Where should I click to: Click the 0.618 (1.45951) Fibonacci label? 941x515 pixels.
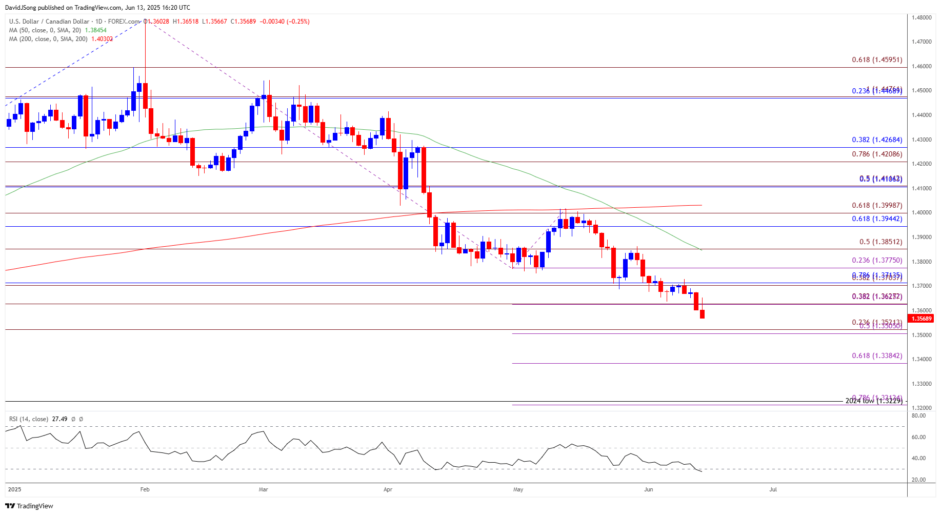click(x=876, y=60)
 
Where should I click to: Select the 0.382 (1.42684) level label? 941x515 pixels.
click(x=876, y=140)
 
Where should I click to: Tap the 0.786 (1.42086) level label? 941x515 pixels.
click(x=876, y=154)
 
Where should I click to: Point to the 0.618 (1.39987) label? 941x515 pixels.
click(x=876, y=206)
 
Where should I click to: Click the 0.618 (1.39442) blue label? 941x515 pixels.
click(x=876, y=219)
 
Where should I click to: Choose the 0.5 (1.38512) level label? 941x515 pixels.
click(x=880, y=242)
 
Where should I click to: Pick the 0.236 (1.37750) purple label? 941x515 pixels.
click(x=876, y=261)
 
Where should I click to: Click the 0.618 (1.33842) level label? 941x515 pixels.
click(x=876, y=356)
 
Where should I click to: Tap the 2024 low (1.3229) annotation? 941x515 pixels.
click(x=873, y=401)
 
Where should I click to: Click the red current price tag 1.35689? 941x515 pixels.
click(x=921, y=319)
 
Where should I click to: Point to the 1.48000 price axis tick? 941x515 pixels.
click(x=922, y=17)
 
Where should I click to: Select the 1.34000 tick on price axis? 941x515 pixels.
click(x=922, y=359)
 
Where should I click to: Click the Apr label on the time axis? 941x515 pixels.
click(x=388, y=489)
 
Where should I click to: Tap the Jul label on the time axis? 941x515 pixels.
click(x=773, y=489)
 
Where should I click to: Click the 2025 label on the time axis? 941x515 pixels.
click(x=15, y=489)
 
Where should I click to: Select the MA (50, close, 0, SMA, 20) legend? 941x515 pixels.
click(x=45, y=30)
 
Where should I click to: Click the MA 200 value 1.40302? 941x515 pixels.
click(x=102, y=39)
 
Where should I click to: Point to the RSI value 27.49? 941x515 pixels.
click(x=59, y=419)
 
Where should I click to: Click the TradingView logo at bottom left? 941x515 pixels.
click(x=29, y=506)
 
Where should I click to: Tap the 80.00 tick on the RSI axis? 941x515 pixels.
click(x=918, y=416)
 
